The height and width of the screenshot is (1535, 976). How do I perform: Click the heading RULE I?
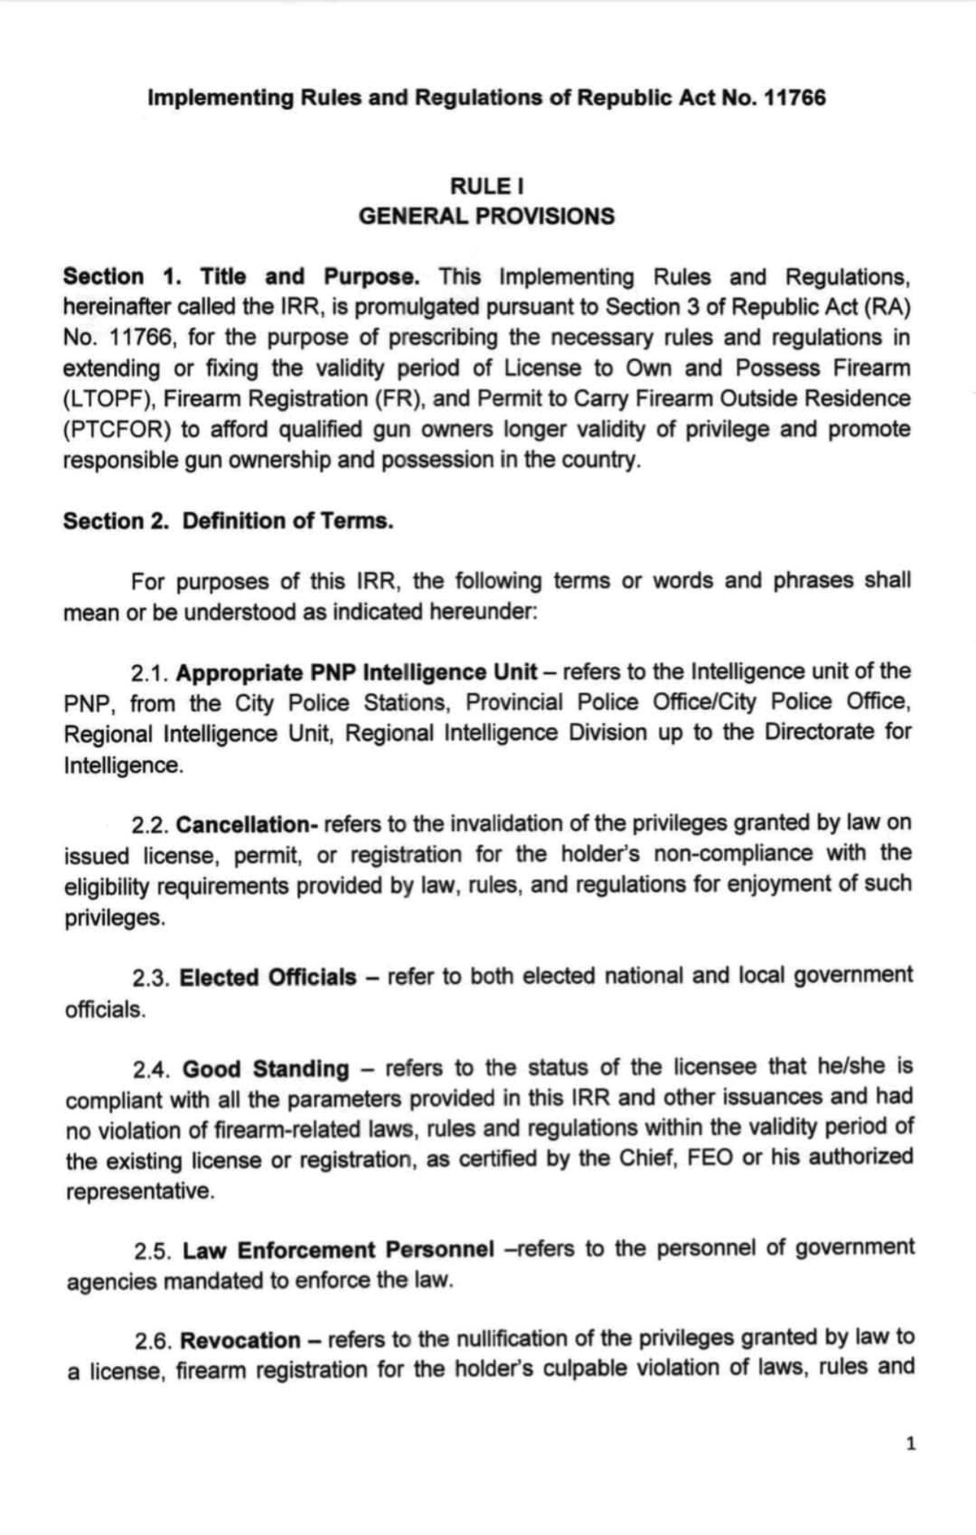click(x=486, y=186)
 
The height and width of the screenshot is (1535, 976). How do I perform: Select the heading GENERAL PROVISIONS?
click(x=486, y=216)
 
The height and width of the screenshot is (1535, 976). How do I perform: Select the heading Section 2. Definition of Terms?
click(x=229, y=521)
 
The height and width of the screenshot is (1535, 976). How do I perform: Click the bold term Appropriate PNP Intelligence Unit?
click(x=356, y=672)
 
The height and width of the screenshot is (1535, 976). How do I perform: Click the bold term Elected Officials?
click(x=268, y=977)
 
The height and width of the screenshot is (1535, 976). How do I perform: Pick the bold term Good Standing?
click(x=265, y=1068)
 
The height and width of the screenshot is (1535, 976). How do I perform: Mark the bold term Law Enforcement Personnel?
click(x=338, y=1250)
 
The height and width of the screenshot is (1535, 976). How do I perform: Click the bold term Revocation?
click(x=240, y=1340)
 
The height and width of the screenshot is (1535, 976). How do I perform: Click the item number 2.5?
click(x=153, y=1250)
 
